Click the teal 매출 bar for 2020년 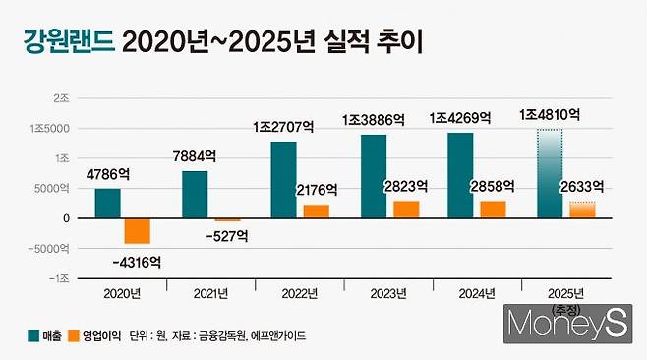(x=107, y=203)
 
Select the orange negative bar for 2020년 (x=137, y=230)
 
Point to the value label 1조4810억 (x=550, y=115)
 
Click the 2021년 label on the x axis (x=209, y=293)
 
